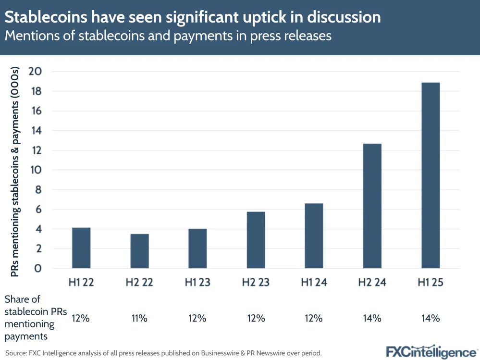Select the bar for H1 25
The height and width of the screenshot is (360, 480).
pos(431,175)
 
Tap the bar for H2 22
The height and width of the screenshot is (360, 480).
pos(139,251)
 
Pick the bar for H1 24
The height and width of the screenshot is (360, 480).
pos(314,236)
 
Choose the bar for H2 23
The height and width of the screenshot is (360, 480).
pos(256,240)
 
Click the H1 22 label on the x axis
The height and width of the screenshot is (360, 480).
pos(81,283)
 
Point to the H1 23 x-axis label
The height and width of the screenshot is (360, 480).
pos(197,283)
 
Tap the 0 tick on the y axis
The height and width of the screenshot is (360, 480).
pos(38,269)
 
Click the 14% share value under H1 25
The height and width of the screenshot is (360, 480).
pos(431,318)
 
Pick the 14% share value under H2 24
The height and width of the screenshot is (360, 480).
pos(372,318)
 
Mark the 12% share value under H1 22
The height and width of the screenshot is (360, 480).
pos(81,318)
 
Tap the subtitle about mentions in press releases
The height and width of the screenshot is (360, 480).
pos(168,36)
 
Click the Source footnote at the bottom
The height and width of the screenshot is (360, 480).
pos(163,353)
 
